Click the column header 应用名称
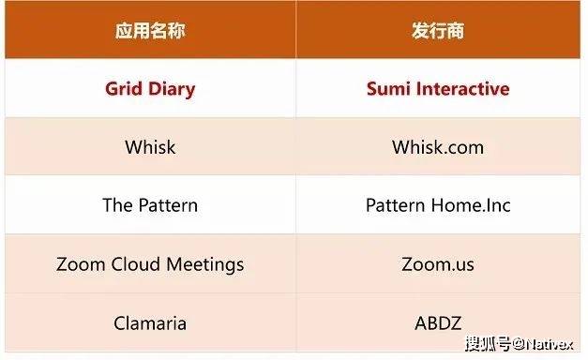click(150, 31)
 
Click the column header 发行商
click(438, 31)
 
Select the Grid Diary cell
click(150, 89)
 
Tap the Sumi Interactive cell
click(438, 89)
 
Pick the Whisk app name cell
click(150, 147)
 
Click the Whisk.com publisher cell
click(438, 147)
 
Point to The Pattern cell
click(150, 205)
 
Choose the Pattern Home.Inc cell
click(438, 205)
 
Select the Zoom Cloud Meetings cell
click(150, 264)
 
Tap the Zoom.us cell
click(438, 264)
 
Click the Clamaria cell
click(150, 323)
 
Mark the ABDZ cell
click(438, 323)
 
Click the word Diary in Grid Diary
click(170, 89)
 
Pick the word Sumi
click(384, 89)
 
